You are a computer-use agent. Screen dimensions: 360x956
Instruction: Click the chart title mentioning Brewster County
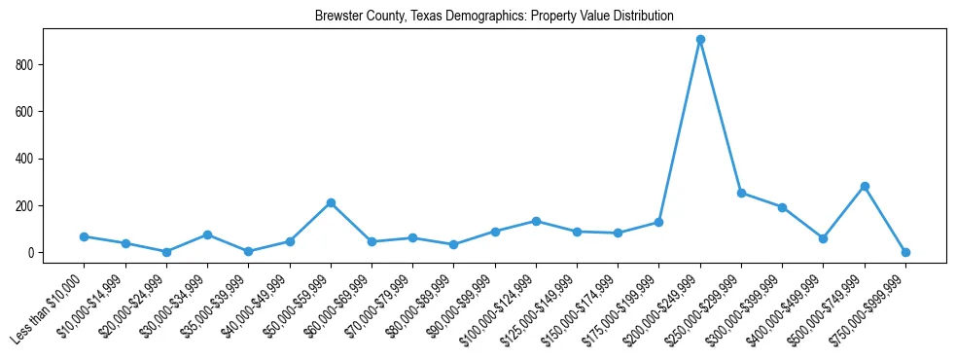click(x=494, y=17)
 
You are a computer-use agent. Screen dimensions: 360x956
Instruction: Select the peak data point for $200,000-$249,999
click(x=700, y=40)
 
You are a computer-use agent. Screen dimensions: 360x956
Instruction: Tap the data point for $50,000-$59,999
click(x=331, y=202)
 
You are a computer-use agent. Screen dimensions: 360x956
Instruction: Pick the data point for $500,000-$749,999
click(x=865, y=186)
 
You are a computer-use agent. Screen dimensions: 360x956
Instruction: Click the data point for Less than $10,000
click(x=85, y=236)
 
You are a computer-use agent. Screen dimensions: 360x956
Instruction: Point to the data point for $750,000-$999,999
click(x=905, y=252)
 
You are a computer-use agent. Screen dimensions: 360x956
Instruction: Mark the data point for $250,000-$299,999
click(x=741, y=193)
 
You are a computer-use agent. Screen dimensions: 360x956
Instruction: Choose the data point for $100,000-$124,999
click(x=536, y=221)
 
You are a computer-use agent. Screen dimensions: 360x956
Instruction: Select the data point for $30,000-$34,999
click(x=207, y=234)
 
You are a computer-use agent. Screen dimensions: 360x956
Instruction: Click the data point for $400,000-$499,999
click(x=824, y=238)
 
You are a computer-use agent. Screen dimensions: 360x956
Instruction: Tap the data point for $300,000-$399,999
click(x=782, y=207)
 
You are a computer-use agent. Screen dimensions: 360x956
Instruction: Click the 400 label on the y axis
click(x=29, y=159)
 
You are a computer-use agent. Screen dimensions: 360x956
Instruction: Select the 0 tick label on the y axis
click(x=33, y=253)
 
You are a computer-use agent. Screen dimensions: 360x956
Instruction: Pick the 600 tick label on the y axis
click(x=29, y=112)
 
